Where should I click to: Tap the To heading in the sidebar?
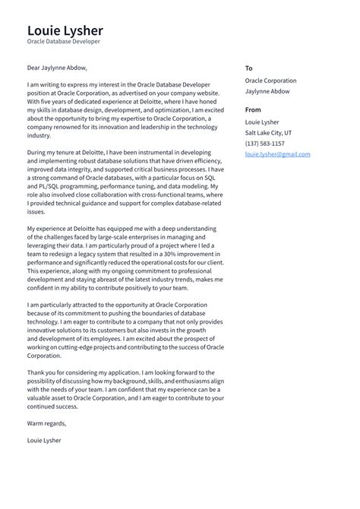click(249, 68)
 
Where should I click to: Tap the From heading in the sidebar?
click(253, 109)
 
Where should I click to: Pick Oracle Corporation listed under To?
click(270, 81)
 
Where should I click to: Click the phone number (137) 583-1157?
click(265, 143)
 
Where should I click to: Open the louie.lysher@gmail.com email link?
click(277, 153)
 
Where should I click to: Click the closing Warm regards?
click(46, 423)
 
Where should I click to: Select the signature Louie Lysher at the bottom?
click(44, 440)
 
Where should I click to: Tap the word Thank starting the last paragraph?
click(36, 372)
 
